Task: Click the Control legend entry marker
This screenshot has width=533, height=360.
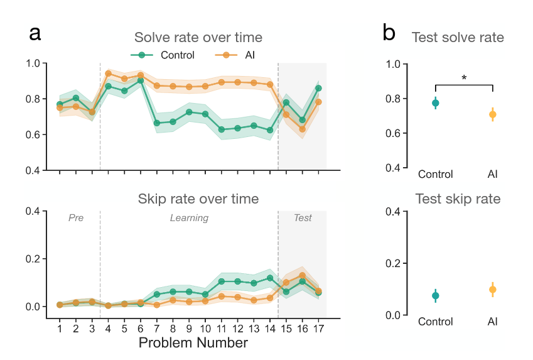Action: pos(142,55)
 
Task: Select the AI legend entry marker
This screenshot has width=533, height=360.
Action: pos(226,55)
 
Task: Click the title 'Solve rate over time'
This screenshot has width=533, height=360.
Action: pos(198,38)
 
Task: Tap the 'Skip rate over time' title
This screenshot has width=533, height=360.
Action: pos(198,199)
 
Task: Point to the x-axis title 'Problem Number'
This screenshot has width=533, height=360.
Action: pos(193,342)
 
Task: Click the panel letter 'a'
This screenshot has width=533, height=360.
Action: pos(35,33)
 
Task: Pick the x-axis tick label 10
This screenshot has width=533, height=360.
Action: pos(205,329)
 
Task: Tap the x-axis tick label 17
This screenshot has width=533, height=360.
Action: pos(318,329)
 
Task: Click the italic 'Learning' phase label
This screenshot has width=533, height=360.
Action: pos(189,218)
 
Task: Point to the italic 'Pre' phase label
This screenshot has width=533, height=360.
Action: pos(76,218)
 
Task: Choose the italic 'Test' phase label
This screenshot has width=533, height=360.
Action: pos(303,218)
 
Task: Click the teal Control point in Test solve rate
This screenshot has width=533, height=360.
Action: pos(436,103)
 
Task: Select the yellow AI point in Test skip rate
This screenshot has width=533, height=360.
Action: pos(493,290)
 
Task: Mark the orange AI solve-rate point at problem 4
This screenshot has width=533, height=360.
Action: pos(108,74)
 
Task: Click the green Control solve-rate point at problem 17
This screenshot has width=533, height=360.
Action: pos(318,88)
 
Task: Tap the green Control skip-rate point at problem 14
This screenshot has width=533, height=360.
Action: pos(270,278)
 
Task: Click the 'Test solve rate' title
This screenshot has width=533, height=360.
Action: pos(458,38)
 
